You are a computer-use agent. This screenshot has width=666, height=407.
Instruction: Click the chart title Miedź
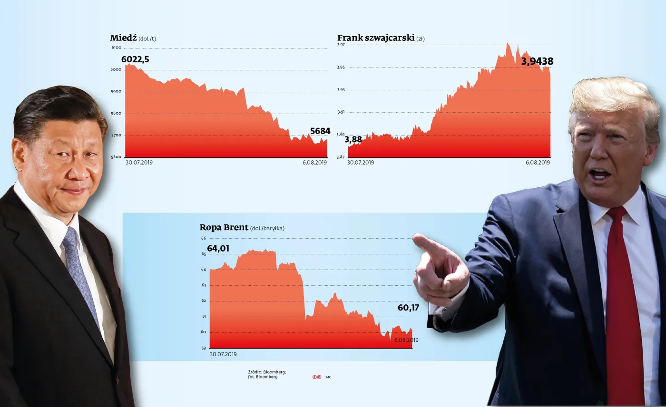point(123,38)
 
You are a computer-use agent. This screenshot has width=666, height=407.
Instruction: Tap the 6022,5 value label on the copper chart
point(139,59)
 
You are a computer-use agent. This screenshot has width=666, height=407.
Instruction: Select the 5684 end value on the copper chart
point(320,131)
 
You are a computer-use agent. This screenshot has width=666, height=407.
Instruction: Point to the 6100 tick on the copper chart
point(116,48)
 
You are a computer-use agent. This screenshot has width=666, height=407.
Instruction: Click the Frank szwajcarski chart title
point(376,38)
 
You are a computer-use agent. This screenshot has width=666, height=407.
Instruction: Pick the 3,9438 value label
point(538,61)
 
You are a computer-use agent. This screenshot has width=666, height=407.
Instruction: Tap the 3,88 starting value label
point(353,140)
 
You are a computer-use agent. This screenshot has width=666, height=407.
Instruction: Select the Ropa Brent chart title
point(224,227)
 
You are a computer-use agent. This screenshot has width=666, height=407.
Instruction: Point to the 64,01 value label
point(218,248)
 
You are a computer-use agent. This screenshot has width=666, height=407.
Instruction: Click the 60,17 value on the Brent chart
point(408,308)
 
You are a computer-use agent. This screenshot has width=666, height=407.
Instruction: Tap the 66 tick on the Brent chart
point(203,238)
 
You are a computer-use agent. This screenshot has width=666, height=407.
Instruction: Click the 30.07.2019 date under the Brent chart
point(223,354)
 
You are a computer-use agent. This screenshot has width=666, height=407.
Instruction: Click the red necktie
point(622,304)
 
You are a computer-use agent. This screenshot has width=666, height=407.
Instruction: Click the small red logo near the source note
point(317,377)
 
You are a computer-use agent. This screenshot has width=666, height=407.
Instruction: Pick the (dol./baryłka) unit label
point(267,228)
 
